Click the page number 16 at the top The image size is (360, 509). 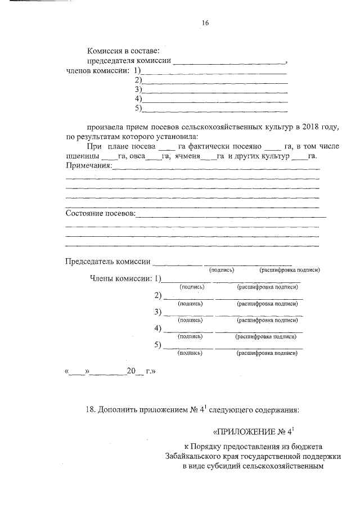[206, 23]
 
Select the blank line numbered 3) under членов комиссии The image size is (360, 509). [215, 90]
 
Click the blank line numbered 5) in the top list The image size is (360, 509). [215, 109]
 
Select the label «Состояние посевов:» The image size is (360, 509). [101, 214]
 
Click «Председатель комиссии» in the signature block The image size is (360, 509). [108, 262]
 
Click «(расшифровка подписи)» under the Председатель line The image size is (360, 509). [289, 271]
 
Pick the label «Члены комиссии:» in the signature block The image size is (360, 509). [121, 278]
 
